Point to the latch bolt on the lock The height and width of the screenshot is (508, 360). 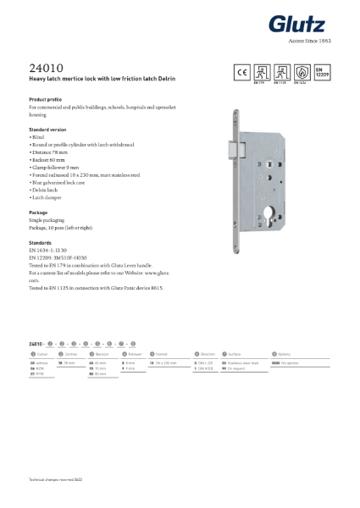(x=234, y=148)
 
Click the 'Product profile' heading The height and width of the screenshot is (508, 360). (x=44, y=99)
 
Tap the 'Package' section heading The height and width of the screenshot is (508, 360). (x=38, y=211)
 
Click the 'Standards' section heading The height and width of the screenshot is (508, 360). (x=41, y=242)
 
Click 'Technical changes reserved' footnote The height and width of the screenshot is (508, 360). (x=53, y=480)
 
